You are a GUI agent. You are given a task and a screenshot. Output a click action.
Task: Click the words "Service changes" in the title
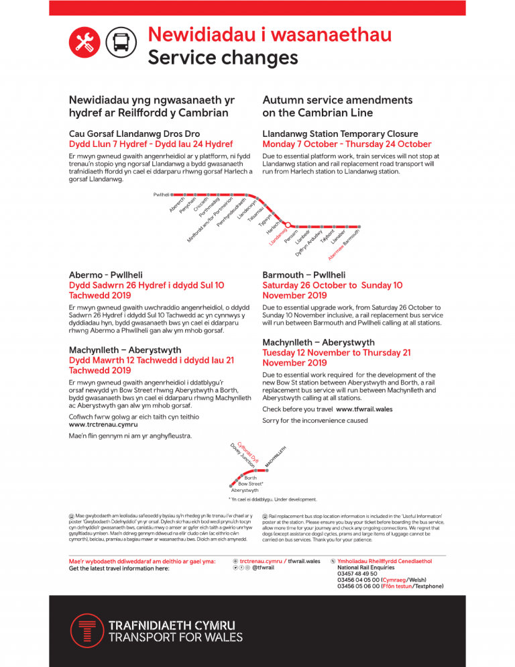pos(223,58)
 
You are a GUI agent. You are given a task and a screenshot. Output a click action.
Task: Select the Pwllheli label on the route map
pos(162,194)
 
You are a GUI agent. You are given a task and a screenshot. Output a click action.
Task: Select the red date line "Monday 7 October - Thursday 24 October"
pos(347,144)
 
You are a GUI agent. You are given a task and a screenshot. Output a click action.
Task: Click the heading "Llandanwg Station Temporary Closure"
pos(340,134)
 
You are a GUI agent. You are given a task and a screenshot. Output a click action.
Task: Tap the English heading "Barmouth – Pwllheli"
pos(304,274)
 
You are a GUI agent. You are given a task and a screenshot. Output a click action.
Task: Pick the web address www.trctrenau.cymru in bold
pos(103,424)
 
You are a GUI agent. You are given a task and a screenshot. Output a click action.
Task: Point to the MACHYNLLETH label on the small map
pos(276,457)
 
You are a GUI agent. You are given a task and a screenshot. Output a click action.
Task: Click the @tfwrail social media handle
pos(263,568)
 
